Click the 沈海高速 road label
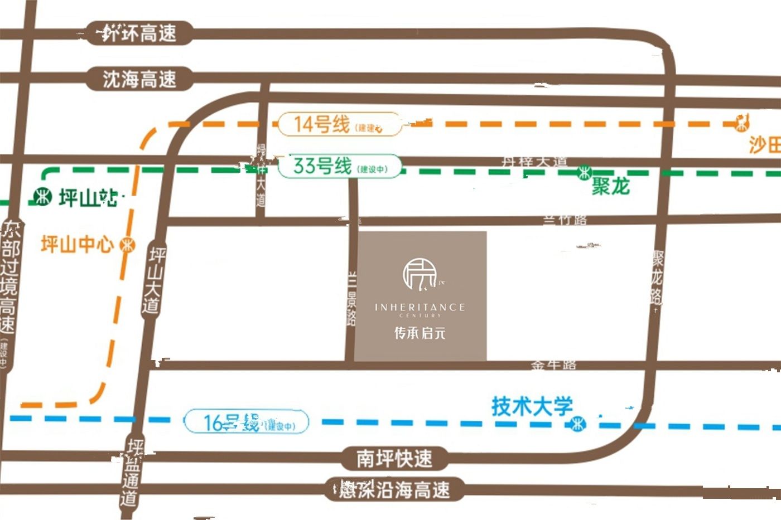click(x=139, y=79)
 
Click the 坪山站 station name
click(x=88, y=197)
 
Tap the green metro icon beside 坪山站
click(x=42, y=197)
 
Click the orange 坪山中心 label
click(x=77, y=244)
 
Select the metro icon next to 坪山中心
click(x=128, y=244)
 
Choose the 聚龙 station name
click(x=610, y=187)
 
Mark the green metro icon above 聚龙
click(x=584, y=172)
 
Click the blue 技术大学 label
click(x=532, y=406)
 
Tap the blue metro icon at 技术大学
click(x=577, y=425)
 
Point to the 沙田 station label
click(x=764, y=145)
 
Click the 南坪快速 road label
click(x=394, y=459)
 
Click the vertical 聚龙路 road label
click(x=658, y=278)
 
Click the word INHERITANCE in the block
click(x=420, y=307)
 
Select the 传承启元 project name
click(x=420, y=333)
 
